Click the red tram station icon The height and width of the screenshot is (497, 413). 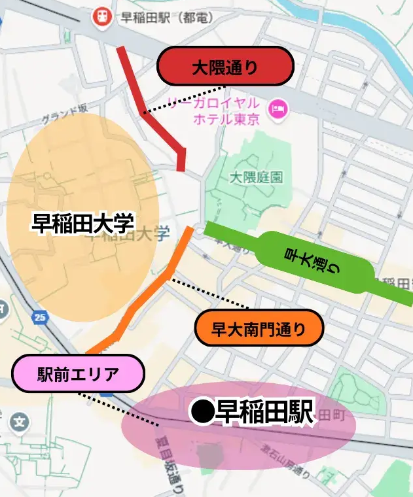(x=101, y=17)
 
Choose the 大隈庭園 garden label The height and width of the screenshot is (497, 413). (x=256, y=177)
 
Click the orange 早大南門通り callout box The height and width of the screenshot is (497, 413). (x=259, y=328)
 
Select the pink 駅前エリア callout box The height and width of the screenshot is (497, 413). (x=78, y=374)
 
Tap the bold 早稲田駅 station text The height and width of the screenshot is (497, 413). (x=265, y=413)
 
